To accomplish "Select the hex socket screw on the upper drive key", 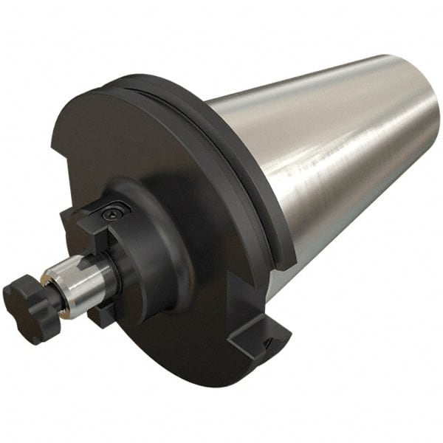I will pos(112,212).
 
